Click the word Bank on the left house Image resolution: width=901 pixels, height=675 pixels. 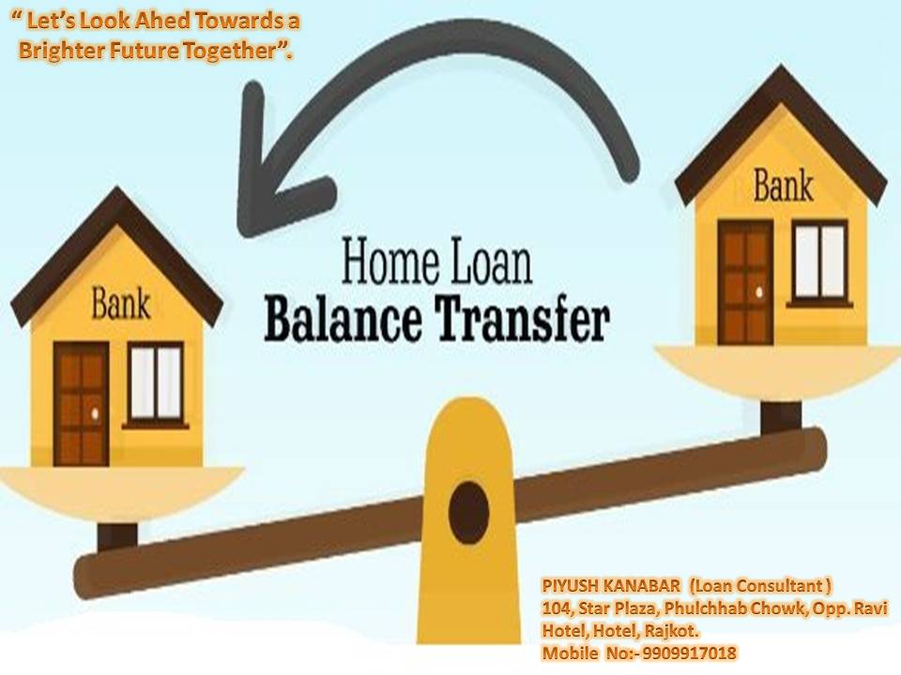coord(121,305)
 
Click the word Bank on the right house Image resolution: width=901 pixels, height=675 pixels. coord(783,186)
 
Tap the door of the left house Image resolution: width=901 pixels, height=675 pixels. coord(82,404)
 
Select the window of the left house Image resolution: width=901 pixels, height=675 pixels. coord(155,384)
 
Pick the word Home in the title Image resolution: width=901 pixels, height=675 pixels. coord(390,262)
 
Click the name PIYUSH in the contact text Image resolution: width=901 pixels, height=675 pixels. coord(571,586)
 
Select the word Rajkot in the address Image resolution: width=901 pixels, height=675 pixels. coord(670,631)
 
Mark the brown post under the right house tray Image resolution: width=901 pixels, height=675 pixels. coord(780,417)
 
